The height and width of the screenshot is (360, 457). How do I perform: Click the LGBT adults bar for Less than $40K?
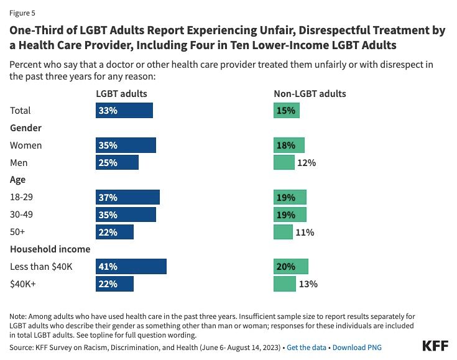pyautogui.click(x=131, y=267)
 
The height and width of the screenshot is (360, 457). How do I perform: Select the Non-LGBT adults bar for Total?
pyautogui.click(x=287, y=111)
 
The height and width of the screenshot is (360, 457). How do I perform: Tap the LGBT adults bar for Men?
pyautogui.click(x=118, y=163)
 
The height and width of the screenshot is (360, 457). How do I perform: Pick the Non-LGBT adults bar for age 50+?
pyautogui.click(x=283, y=233)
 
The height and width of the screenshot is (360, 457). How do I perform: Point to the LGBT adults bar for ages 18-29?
pyautogui.click(x=128, y=198)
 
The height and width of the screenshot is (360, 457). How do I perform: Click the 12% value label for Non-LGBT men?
pyautogui.click(x=307, y=163)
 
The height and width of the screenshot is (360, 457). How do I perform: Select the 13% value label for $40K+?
pyautogui.click(x=308, y=284)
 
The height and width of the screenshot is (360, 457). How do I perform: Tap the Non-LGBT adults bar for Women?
pyautogui.click(x=289, y=145)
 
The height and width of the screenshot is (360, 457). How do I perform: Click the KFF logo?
pyautogui.click(x=435, y=346)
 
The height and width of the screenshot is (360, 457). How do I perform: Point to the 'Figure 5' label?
pyautogui.click(x=23, y=11)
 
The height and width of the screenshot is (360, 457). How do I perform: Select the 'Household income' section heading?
pyautogui.click(x=50, y=249)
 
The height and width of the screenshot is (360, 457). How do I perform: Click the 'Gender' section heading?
pyautogui.click(x=25, y=128)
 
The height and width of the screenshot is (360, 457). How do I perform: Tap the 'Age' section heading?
pyautogui.click(x=18, y=180)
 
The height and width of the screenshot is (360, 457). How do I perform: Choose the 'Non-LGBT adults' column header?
pyautogui.click(x=310, y=94)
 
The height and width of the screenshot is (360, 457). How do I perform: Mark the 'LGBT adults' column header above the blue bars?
pyautogui.click(x=121, y=94)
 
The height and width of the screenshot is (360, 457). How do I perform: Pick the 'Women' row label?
pyautogui.click(x=26, y=145)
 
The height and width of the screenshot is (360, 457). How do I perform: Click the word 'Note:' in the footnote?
pyautogui.click(x=21, y=316)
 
